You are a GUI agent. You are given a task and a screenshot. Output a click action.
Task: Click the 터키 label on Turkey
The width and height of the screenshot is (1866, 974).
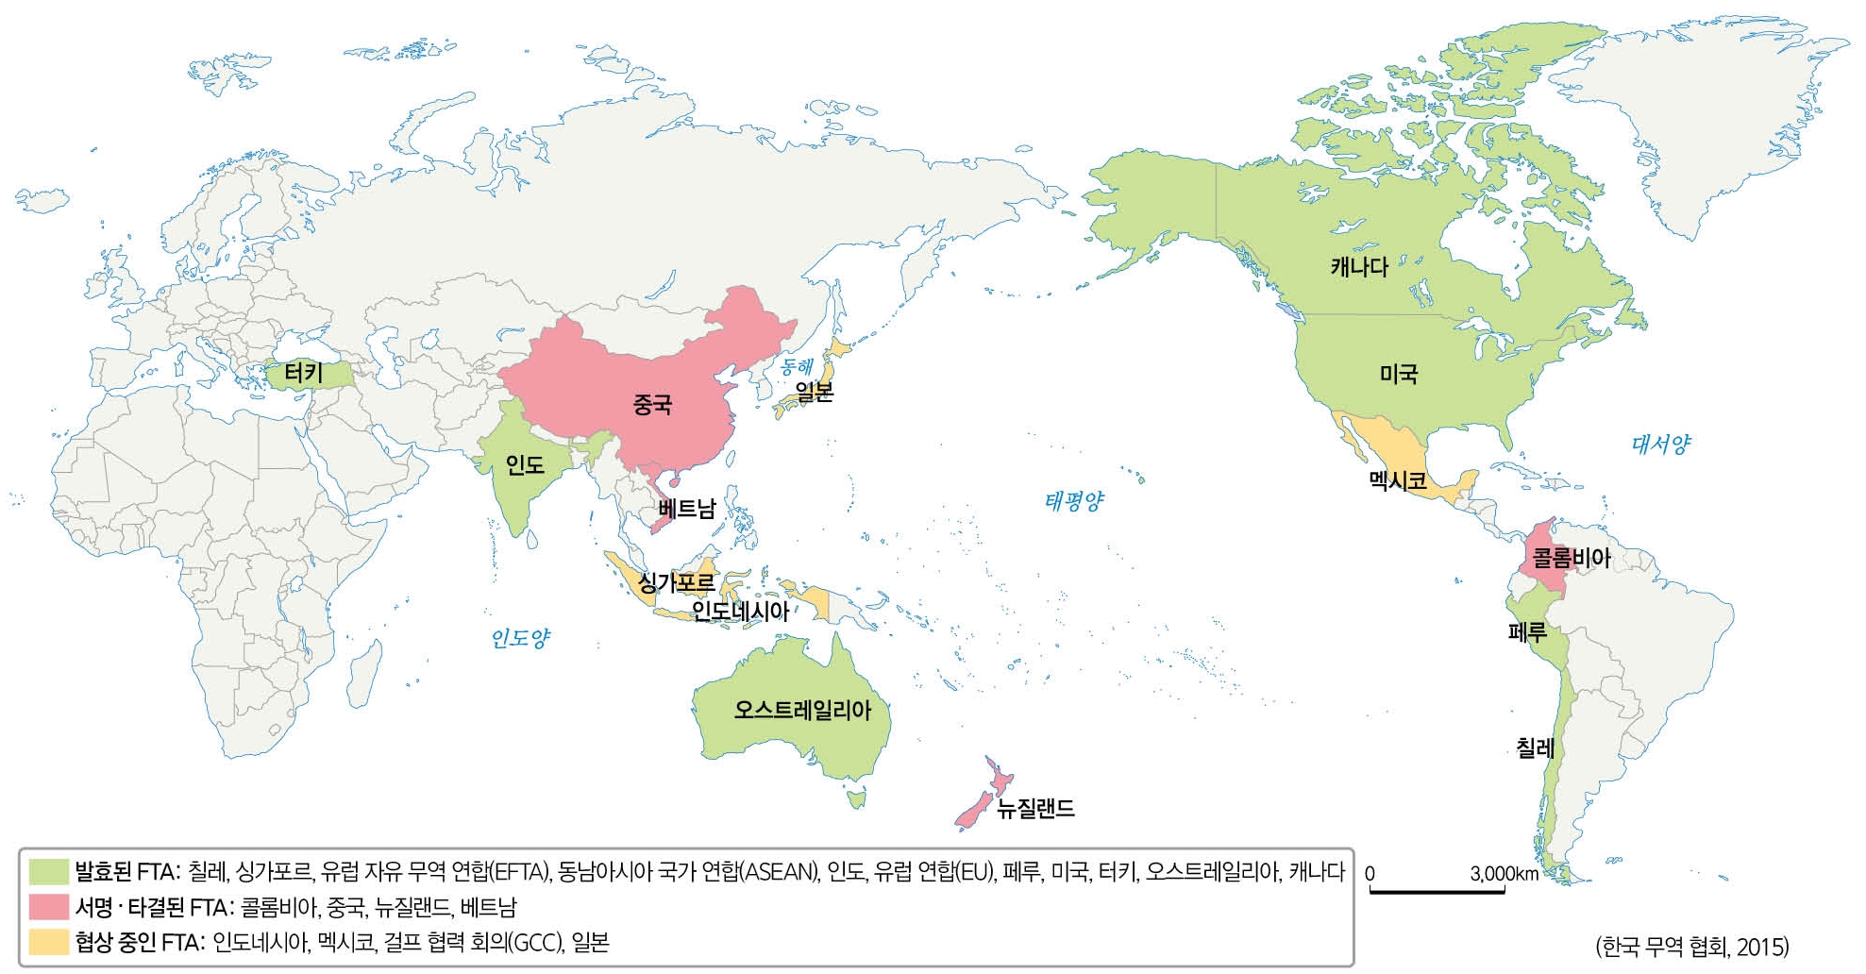pos(304,373)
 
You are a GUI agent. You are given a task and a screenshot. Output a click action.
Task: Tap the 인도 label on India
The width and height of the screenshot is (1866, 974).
pos(525,464)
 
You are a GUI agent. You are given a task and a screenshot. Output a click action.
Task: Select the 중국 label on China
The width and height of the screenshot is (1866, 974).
pos(652,406)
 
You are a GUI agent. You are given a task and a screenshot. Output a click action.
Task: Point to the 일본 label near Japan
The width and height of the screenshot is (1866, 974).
pos(814,391)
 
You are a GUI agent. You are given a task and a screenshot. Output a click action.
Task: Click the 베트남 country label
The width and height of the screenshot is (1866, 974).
pos(687,510)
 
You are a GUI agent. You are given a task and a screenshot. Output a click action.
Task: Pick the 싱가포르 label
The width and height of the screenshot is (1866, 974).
pos(677,582)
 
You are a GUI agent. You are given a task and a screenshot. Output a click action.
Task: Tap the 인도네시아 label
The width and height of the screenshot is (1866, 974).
pos(740,612)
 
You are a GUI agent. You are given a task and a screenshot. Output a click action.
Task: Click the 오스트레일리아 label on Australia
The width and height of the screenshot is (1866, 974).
pos(802,710)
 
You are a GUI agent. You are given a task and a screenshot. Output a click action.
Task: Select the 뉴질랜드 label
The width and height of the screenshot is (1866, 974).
pos(1035,809)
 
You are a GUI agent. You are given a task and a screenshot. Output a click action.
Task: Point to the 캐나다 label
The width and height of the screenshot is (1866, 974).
pos(1359,267)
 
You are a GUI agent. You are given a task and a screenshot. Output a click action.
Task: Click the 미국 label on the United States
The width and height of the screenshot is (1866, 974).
pos(1399,375)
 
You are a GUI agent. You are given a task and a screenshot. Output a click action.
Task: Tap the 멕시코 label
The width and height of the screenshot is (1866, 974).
pos(1397,481)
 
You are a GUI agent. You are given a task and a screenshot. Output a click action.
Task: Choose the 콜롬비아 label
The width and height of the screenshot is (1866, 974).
pos(1572,558)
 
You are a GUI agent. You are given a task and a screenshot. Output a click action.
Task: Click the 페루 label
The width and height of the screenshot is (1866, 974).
pos(1527,632)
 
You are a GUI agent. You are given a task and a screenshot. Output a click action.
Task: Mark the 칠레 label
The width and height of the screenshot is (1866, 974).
pos(1535,749)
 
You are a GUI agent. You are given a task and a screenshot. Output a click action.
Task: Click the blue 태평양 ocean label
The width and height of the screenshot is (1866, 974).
pos(1074,501)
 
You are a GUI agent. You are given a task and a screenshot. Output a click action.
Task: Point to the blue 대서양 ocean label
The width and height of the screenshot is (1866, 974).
pos(1661,445)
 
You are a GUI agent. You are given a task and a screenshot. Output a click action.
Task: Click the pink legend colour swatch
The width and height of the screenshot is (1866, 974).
pos(49,907)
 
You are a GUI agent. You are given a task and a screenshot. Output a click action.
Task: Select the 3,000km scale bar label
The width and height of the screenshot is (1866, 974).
pos(1504,874)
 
